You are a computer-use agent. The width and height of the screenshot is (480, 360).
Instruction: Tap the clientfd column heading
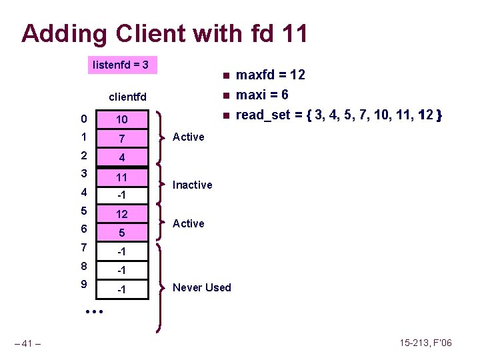pos(128,98)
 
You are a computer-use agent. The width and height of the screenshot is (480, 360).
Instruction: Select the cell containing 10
pos(122,119)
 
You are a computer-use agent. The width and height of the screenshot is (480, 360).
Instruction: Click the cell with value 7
pos(122,139)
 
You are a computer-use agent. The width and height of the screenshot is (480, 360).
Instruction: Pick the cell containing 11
pos(122,177)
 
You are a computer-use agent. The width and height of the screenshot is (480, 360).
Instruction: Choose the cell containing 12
pos(122,215)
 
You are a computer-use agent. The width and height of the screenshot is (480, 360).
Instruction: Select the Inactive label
pos(192,185)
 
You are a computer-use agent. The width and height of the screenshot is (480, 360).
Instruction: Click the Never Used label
pos(202,287)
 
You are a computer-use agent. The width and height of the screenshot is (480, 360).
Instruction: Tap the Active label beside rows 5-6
pos(188,223)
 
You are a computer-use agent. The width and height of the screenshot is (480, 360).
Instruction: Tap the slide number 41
pos(28,343)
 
